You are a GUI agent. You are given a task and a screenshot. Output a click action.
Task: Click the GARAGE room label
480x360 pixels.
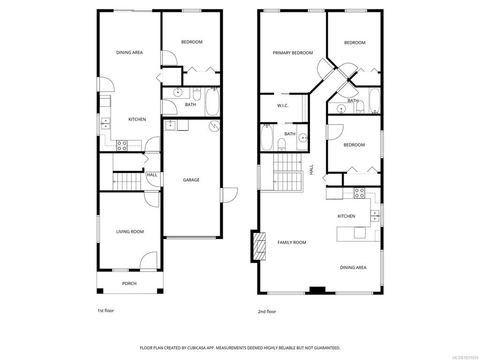pyautogui.click(x=191, y=180)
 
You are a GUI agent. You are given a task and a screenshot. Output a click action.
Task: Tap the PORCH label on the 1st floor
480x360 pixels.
pyautogui.click(x=129, y=284)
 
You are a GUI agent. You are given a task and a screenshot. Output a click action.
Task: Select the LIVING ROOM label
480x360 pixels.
pyautogui.click(x=130, y=232)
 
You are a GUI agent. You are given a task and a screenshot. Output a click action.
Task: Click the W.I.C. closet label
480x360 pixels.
pyautogui.click(x=283, y=105)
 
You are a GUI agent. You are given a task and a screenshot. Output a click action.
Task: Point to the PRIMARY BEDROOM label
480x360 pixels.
pyautogui.click(x=292, y=53)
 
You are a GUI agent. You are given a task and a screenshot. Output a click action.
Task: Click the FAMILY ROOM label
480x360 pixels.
pyautogui.click(x=292, y=242)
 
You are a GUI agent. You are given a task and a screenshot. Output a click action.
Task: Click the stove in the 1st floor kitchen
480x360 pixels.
pyautogui.click(x=122, y=145)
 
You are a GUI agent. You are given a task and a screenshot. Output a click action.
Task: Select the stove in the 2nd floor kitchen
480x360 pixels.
pyautogui.click(x=360, y=193)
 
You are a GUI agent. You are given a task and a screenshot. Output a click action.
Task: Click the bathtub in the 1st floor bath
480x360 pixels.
pyautogui.click(x=212, y=103)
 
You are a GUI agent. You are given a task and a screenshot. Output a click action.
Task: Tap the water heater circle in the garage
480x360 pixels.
pyautogui.click(x=214, y=126)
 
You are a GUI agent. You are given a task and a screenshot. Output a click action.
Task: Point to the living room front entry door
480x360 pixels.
pyautogui.click(x=149, y=261)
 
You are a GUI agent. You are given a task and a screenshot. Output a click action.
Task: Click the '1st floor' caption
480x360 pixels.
pyautogui.click(x=105, y=310)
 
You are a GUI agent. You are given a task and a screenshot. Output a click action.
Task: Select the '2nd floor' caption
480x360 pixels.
pyautogui.click(x=267, y=311)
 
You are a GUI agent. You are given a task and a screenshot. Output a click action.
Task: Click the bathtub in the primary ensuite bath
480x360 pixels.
pyautogui.click(x=267, y=137)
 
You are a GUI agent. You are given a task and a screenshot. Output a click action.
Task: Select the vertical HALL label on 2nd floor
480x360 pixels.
pyautogui.click(x=311, y=169)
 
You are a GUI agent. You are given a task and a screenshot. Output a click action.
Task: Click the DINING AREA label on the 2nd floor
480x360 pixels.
pyautogui.click(x=353, y=268)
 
